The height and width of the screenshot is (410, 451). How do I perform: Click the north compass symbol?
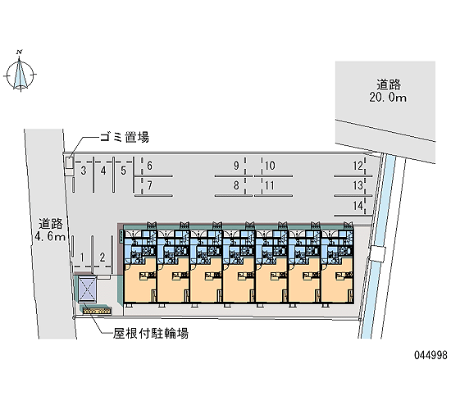pos(20,73)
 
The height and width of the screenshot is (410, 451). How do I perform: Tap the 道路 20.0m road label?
pos(389,91)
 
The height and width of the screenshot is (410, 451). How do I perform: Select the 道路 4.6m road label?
pos(50,230)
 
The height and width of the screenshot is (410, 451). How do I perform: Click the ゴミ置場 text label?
pos(125,137)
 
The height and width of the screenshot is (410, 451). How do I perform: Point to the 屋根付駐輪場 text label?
pos(151,334)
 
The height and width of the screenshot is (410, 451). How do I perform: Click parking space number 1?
pos(82,257)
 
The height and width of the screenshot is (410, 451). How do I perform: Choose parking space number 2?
pos(102,257)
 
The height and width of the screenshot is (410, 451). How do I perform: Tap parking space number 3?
pos(84,171)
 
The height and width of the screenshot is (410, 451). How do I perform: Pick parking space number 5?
pos(123,171)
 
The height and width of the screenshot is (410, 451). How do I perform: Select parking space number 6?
pos(149,166)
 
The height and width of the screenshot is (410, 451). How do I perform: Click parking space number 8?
pos(236,185)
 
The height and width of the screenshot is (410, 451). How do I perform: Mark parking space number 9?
pos(236,166)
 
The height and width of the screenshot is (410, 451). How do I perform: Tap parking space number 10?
pos(270,166)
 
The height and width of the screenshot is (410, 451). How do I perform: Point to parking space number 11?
pos(270,185)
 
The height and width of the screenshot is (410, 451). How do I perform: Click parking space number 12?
pos(358,166)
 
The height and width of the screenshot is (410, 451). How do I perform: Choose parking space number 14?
pos(358,206)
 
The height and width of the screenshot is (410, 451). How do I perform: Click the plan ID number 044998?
pos(430,355)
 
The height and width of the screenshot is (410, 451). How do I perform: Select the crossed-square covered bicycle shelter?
pos(88,289)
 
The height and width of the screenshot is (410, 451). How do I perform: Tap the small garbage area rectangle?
pos(69,164)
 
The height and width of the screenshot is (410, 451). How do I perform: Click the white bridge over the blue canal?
pos(378,254)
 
